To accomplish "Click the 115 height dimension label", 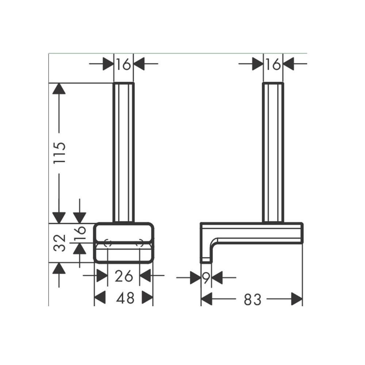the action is (59, 153).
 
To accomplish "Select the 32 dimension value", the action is (59, 243).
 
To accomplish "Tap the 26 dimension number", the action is (124, 276).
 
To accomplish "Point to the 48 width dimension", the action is (125, 298).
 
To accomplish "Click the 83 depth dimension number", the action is (253, 299).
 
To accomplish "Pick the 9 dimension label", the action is (206, 278).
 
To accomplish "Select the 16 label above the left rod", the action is (123, 64).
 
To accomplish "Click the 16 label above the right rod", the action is (273, 64).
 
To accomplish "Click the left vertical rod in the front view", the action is (123, 153).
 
